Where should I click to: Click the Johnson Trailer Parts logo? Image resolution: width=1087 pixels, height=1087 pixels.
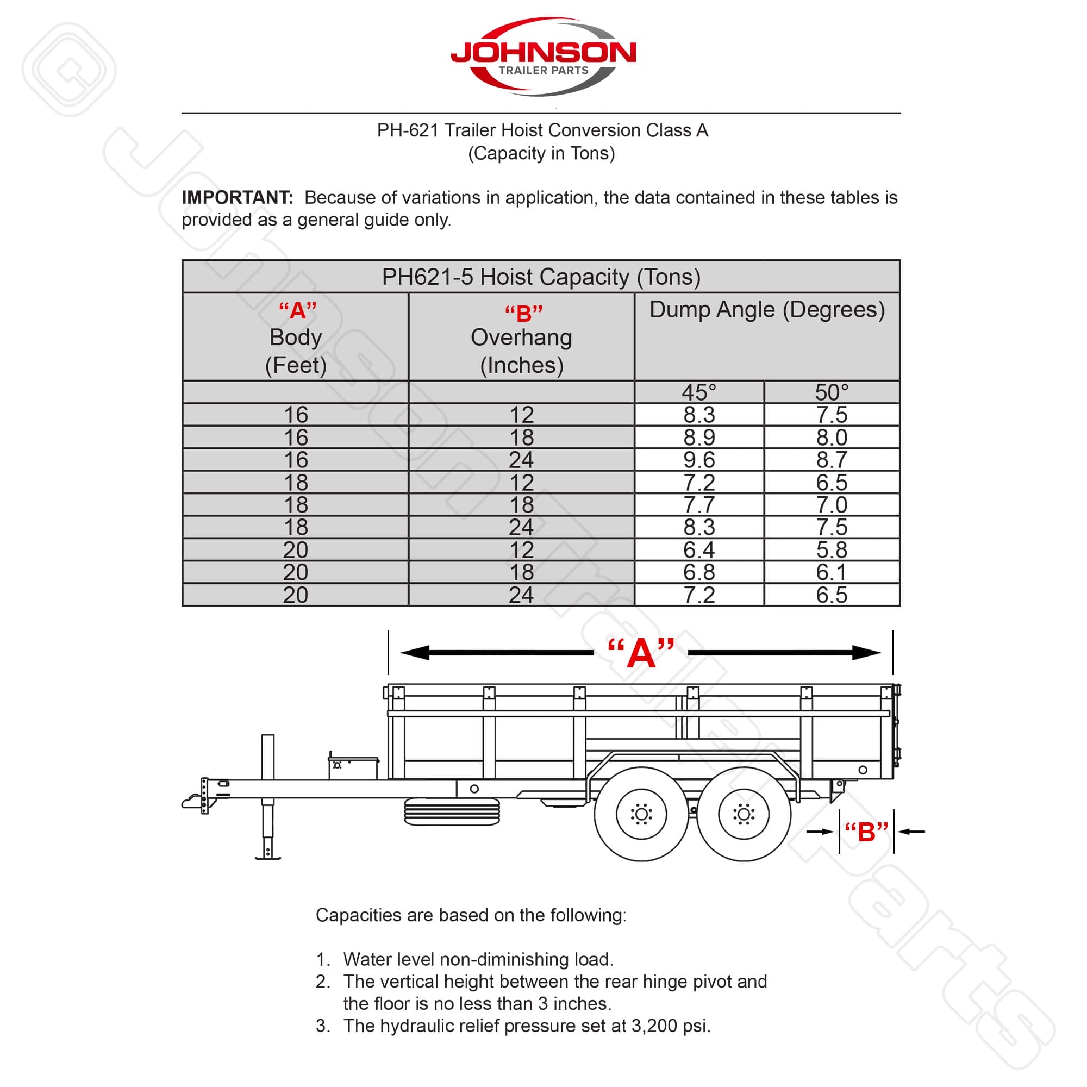tap(543, 57)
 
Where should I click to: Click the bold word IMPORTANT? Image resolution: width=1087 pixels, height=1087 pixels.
tap(237, 197)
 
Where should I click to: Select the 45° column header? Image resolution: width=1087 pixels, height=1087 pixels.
tap(699, 392)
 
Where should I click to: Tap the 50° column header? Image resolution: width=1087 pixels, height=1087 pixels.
tap(832, 392)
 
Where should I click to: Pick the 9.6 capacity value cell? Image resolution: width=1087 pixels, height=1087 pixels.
tap(699, 460)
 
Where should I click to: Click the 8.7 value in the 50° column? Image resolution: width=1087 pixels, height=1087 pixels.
tap(832, 460)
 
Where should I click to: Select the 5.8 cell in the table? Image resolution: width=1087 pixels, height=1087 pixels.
tap(832, 549)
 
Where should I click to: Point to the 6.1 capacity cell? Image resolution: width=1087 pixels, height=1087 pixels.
tap(832, 572)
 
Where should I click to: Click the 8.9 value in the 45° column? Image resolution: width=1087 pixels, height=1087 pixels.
tap(699, 437)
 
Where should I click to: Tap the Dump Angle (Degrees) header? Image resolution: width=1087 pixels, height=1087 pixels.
tap(767, 310)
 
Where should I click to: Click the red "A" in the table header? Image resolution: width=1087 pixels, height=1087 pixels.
tap(298, 310)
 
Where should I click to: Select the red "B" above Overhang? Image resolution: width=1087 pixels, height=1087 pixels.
tap(523, 314)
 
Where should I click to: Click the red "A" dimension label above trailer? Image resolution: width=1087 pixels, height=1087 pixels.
tap(641, 653)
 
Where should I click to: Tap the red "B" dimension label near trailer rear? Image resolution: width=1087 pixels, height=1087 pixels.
tap(866, 832)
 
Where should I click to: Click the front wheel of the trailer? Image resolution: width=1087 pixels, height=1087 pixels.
tap(641, 814)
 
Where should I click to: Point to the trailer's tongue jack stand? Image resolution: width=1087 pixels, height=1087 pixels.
tap(268, 799)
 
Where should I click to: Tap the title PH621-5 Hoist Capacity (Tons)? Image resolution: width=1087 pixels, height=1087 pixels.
tap(541, 277)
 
